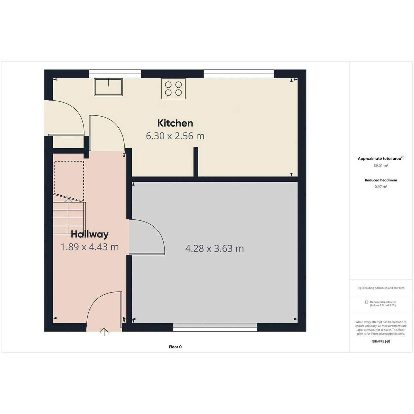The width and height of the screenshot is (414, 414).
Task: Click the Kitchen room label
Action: pos(175,123)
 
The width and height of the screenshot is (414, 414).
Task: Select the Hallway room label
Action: pos(90,234)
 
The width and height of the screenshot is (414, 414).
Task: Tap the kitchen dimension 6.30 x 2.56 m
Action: pos(175,136)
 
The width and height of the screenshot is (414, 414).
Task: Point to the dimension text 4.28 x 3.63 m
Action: pos(214,248)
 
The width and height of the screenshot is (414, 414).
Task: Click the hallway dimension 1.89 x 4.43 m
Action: pos(90,247)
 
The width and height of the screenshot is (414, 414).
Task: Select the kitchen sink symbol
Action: pos(108,87)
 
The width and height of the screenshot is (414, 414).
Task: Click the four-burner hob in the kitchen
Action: pos(174,89)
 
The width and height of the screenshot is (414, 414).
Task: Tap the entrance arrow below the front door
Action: pos(104,332)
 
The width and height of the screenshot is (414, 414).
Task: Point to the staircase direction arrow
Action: pos(68,216)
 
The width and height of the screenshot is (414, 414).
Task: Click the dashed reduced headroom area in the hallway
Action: pos(69,181)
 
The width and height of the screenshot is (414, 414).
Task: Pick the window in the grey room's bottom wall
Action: pos(215,327)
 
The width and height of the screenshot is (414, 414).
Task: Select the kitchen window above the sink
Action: pos(115,74)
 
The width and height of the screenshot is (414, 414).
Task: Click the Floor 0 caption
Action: pos(175,347)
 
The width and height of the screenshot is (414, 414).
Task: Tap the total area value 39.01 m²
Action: pos(381,166)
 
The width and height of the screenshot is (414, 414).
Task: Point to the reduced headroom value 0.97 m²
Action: pos(381,187)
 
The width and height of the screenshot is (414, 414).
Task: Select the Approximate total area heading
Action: pos(381,159)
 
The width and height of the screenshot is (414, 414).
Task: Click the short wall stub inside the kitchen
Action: pos(196,162)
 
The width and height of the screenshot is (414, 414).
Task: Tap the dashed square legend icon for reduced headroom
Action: pos(366,302)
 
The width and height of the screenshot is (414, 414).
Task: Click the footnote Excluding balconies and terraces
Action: pos(381,288)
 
